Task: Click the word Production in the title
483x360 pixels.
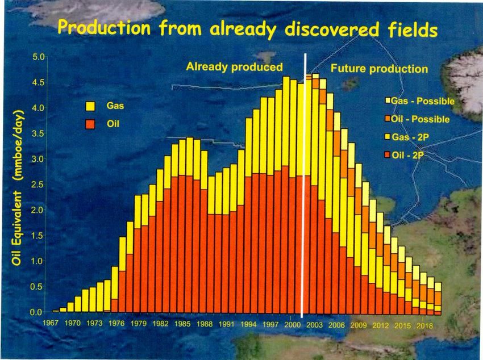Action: coord(104,28)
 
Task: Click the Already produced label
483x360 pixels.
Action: coord(235,67)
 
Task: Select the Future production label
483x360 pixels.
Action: coord(379,69)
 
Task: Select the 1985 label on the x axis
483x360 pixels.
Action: coord(182,324)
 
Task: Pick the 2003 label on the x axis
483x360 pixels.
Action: coord(314,325)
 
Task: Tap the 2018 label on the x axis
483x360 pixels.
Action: coord(424,325)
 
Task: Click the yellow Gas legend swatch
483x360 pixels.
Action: coord(90,106)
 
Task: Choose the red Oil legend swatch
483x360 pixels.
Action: coord(90,124)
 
